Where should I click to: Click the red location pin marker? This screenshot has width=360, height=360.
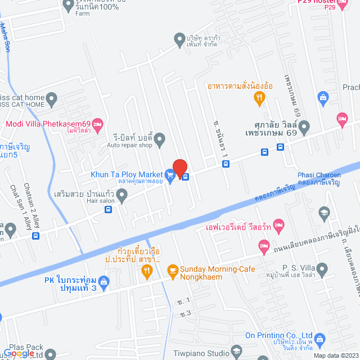(x=179, y=168)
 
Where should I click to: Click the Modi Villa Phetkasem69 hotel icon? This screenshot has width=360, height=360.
(x=97, y=124)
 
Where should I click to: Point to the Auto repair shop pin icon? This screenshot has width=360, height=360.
(x=160, y=137)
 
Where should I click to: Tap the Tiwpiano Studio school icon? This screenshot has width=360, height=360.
(x=237, y=353)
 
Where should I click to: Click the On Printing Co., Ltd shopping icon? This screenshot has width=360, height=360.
(x=319, y=338)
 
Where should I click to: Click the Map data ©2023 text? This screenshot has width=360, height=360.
(x=335, y=355)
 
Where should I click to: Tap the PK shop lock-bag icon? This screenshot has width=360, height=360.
(x=103, y=281)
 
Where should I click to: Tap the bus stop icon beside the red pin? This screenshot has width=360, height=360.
(x=185, y=177)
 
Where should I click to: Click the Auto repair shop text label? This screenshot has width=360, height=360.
(x=130, y=145)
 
